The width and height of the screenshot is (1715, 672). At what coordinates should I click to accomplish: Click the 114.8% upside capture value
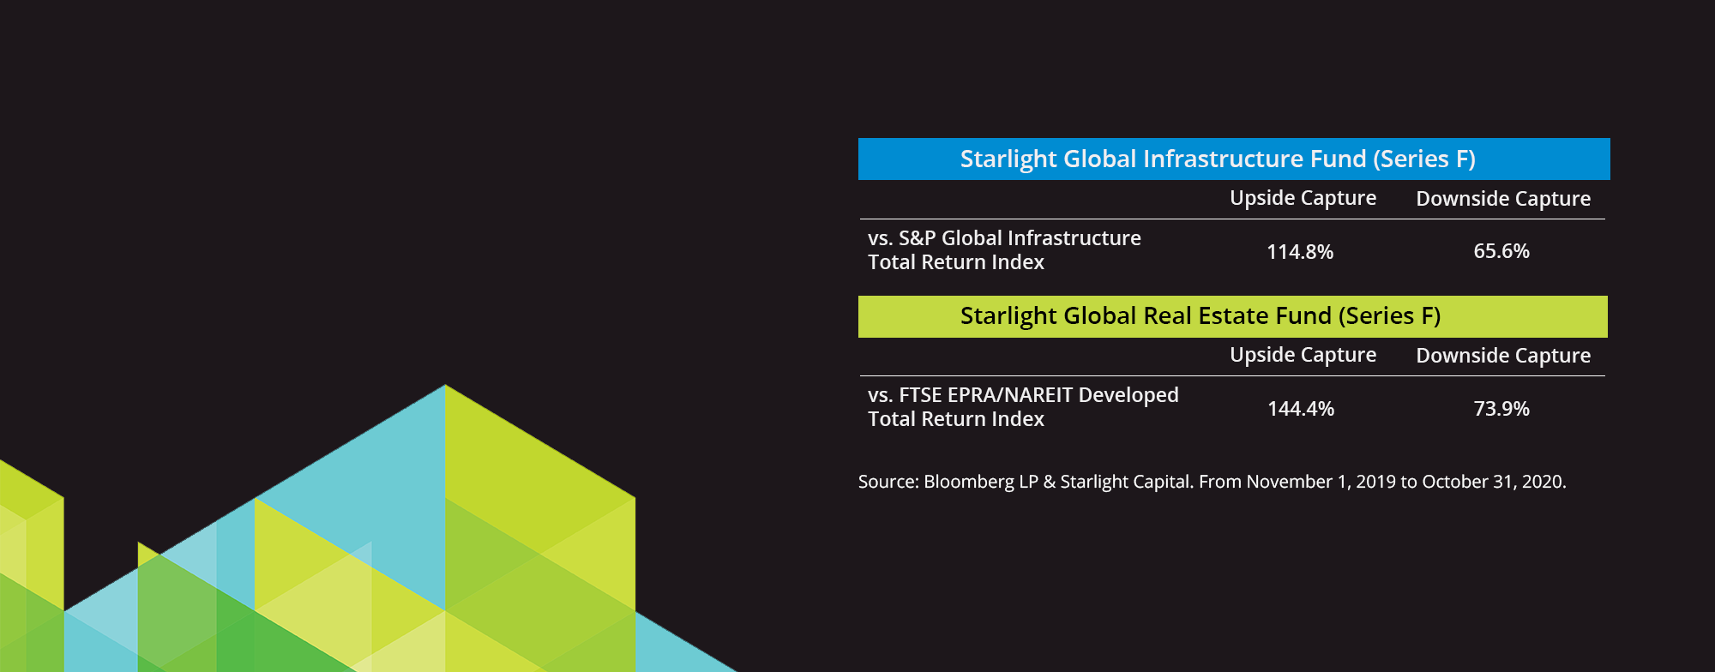tap(1300, 252)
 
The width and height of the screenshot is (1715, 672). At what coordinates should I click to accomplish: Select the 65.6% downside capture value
tap(1501, 251)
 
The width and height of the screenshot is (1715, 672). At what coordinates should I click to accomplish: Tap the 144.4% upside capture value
tap(1301, 409)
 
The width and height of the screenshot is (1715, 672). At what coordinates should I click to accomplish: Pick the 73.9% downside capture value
tap(1501, 409)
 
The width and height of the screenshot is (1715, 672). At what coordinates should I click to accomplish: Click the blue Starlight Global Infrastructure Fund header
tap(1234, 159)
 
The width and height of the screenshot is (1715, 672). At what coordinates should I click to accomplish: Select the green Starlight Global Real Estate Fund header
tap(1233, 316)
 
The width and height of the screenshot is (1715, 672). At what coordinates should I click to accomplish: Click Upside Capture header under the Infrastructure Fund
tap(1303, 198)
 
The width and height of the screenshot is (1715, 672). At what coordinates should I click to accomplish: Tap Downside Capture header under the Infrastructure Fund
tap(1503, 199)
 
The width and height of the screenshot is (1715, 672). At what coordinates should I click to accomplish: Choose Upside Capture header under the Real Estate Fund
tap(1303, 355)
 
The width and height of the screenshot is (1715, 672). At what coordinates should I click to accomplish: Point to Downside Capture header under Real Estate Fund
tap(1503, 356)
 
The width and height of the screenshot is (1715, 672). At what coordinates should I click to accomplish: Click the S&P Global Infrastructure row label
tap(1004, 250)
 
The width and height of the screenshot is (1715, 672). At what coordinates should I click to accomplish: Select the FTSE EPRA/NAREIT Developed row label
tap(1023, 407)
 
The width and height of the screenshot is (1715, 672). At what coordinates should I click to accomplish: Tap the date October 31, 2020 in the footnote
tap(1494, 482)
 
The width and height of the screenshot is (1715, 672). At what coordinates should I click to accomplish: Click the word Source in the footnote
tap(888, 482)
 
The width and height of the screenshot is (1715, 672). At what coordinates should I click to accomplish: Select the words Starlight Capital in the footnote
tap(1126, 482)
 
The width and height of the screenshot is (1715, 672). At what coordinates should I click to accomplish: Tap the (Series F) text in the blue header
tap(1424, 159)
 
